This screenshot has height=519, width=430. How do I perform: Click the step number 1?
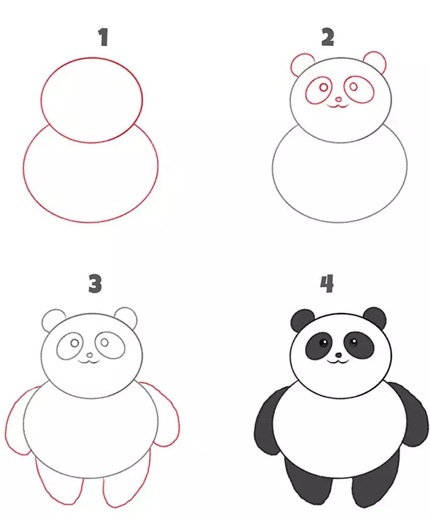pos(103,37)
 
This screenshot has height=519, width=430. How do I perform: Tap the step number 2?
pos(328,37)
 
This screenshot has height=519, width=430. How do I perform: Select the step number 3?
pos(95,283)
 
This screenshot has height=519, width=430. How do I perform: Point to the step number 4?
pos(327,283)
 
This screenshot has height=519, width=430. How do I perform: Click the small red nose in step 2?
pos(338,99)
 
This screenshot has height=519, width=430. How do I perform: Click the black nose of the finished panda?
pos(338,355)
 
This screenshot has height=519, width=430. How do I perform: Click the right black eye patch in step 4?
pos(359,345)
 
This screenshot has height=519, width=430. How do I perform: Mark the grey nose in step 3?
pos(89,355)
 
